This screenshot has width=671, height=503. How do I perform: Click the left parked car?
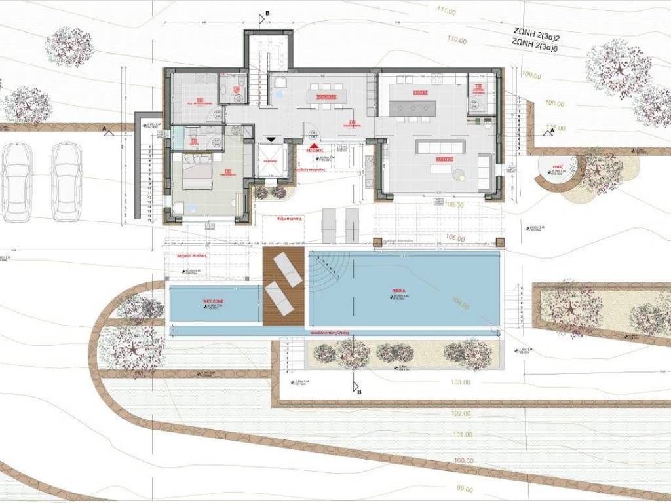(16, 182)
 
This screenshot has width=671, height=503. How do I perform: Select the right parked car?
(67, 182)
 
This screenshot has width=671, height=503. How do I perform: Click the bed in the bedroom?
(197, 172)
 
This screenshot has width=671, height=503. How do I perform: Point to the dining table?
(326, 96)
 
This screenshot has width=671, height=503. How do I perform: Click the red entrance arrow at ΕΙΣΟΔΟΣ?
(315, 145)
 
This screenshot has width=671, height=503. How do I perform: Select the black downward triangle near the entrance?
(270, 139)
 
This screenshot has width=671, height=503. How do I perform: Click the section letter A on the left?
(104, 129)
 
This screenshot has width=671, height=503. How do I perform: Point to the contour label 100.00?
(463, 461)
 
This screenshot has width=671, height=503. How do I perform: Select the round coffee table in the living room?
(459, 174)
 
